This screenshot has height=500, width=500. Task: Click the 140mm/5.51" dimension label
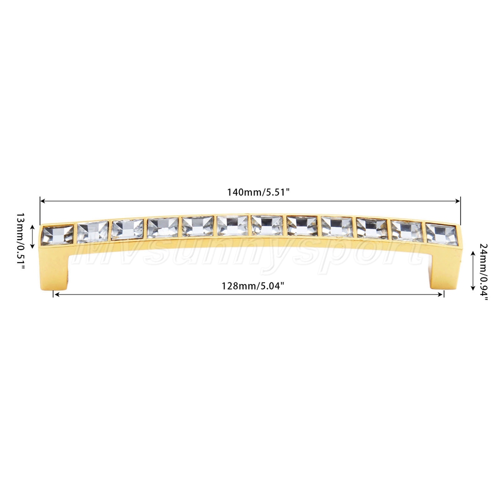tap(258, 192)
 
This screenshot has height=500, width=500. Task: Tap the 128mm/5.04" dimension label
tap(253, 286)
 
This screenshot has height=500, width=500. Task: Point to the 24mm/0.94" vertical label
tap(483, 272)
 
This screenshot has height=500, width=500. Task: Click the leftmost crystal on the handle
tap(58, 235)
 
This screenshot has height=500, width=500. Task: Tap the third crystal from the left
tap(127, 229)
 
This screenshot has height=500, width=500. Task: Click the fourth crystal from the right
tap(337, 227)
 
